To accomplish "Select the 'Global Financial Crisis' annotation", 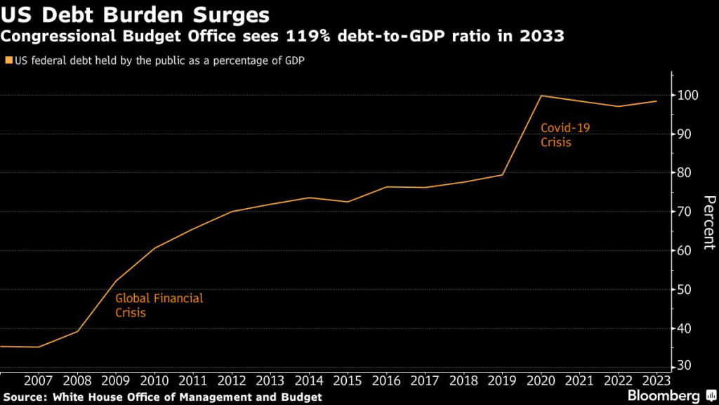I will click(x=159, y=305).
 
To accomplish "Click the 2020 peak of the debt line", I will click(x=541, y=96).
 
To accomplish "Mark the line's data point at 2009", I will click(x=115, y=281).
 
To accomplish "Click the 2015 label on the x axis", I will click(x=347, y=381).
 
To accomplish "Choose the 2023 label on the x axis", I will click(x=656, y=381).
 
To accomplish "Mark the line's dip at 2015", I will click(x=347, y=202).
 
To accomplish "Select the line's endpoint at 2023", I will click(x=657, y=101).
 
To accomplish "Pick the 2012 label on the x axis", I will click(x=231, y=381).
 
